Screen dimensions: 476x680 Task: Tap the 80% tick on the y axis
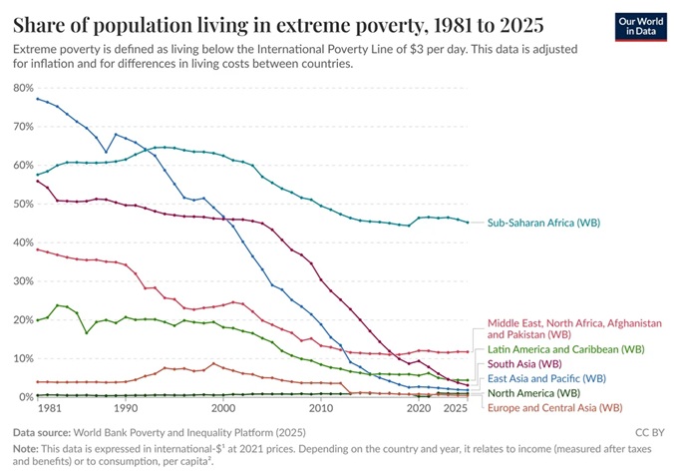pos(23,88)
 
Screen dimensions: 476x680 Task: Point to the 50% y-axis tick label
pos(23,204)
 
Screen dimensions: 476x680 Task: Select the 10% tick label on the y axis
pos(23,358)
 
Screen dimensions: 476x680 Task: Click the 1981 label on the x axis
pos(47,409)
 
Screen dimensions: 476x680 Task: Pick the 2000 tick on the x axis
pos(223,409)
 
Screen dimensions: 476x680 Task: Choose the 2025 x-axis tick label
pos(456,409)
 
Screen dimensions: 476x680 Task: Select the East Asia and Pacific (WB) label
pos(546,378)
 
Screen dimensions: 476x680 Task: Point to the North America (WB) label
pos(534,393)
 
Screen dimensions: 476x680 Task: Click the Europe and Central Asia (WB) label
pos(554,407)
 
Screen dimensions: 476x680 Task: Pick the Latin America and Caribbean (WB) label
pos(566,349)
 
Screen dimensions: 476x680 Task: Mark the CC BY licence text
pos(650,433)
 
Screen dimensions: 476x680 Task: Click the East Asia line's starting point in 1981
pos(37,98)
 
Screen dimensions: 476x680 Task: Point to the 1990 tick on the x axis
pos(126,409)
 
